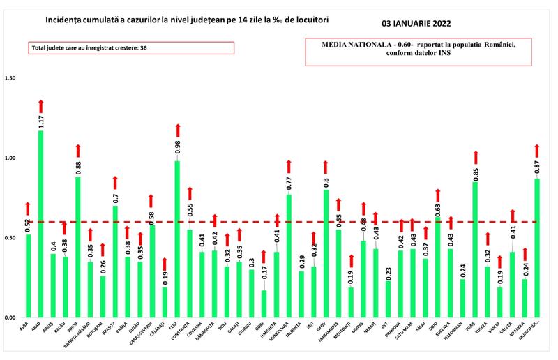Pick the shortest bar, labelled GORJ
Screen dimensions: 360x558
264,304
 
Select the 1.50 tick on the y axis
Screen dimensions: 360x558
10,78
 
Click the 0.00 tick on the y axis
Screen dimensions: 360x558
10,318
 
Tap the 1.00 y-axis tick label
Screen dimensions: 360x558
10,158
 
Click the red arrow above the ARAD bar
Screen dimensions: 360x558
41,105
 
